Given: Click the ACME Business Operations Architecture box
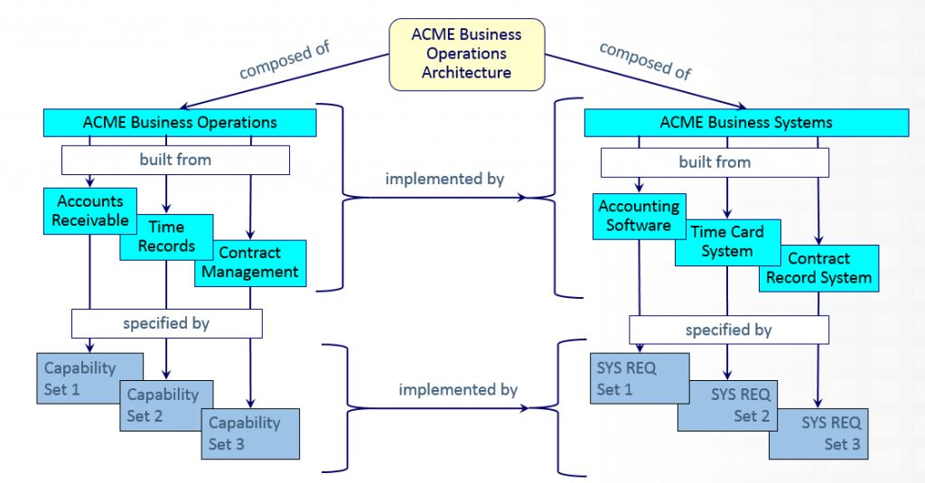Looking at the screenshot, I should (466, 53).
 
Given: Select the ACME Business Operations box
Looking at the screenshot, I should (180, 122).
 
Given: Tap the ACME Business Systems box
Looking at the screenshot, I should (746, 122).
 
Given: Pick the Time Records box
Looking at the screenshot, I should (166, 236).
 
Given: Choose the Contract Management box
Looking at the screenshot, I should (250, 262).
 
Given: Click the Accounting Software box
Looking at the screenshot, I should (638, 215).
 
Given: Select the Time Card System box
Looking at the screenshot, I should (727, 242).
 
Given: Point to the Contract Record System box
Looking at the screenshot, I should (818, 268).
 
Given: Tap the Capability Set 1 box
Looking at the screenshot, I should (80, 377).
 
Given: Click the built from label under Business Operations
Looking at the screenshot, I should (175, 160).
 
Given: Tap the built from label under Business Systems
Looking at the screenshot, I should (715, 163).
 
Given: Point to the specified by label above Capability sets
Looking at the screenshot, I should (166, 322).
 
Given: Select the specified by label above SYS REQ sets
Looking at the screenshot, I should (728, 330).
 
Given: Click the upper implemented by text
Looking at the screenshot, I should (444, 179).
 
